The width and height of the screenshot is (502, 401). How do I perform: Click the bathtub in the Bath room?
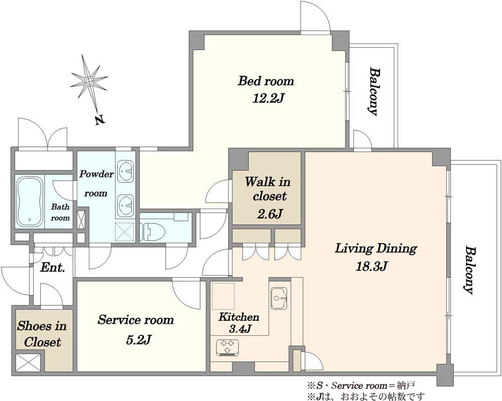[x=30, y=202]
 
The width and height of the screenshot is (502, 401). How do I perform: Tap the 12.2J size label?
[x=268, y=98]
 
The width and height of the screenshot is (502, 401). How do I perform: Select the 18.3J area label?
[x=371, y=266]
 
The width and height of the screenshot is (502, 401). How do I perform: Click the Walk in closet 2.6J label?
[x=268, y=197]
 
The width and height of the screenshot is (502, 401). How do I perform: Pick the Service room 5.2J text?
[x=136, y=329]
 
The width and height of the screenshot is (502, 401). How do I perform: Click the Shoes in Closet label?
[x=42, y=334]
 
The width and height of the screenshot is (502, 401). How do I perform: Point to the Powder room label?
[x=96, y=183]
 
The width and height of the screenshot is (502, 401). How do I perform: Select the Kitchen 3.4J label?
[x=239, y=322]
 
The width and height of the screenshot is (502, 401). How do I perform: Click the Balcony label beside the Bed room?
[x=372, y=91]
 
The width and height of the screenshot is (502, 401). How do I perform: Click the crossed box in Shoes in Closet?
[x=28, y=362]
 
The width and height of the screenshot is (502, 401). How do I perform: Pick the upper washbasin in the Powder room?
[x=125, y=171]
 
